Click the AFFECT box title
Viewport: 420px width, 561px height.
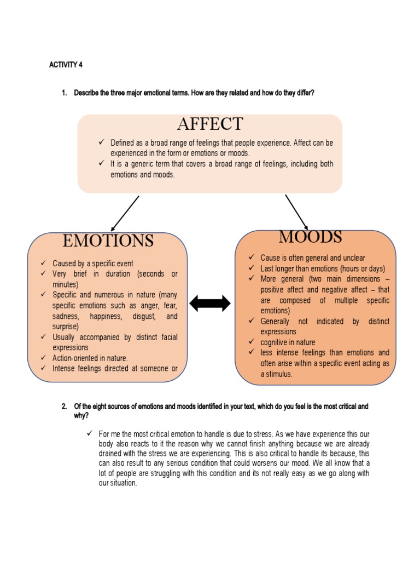pyautogui.click(x=209, y=124)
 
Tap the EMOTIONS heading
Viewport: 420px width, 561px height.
pyautogui.click(x=108, y=241)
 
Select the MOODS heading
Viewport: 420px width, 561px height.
pyautogui.click(x=310, y=237)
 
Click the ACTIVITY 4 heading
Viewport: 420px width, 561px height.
pyautogui.click(x=66, y=65)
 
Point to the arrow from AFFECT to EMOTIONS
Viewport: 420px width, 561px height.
pyautogui.click(x=125, y=214)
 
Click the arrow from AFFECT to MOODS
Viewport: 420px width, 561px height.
pyautogui.click(x=296, y=212)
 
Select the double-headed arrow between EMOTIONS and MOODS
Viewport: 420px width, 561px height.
pyautogui.click(x=210, y=303)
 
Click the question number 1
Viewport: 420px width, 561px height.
pyautogui.click(x=64, y=93)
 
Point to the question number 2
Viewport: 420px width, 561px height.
pyautogui.click(x=64, y=407)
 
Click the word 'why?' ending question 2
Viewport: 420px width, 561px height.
pyautogui.click(x=81, y=416)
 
